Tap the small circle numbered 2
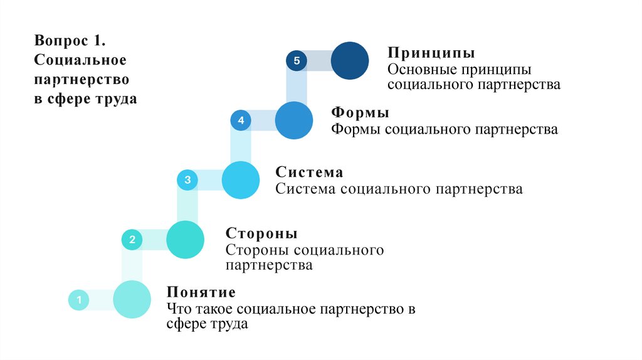tap(132, 240)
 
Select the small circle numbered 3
tap(187, 180)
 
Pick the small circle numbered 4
tap(241, 120)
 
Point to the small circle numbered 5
tap(297, 61)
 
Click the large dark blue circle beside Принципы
tap(349, 61)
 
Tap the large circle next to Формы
tap(293, 120)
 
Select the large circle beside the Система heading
tap(240, 180)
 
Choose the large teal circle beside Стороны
tap(186, 240)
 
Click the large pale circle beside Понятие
tap(132, 299)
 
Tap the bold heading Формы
tap(360, 114)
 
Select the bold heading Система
tap(309, 172)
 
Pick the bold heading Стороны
tap(261, 234)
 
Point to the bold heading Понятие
tap(201, 293)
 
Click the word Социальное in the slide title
tap(81, 61)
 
